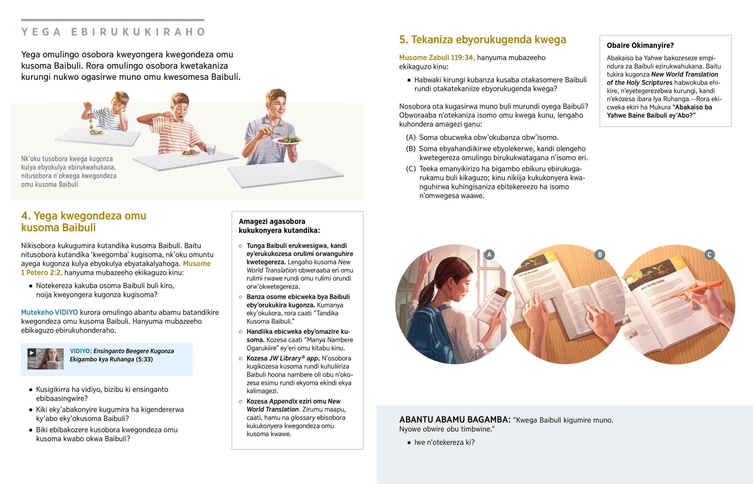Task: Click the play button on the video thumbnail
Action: click(31, 353)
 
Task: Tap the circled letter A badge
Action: click(489, 255)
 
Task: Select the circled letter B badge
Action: click(600, 255)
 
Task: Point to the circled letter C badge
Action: click(709, 255)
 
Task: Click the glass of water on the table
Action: click(210, 150)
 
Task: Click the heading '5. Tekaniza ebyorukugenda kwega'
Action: click(483, 40)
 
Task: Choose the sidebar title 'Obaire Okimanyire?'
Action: click(640, 45)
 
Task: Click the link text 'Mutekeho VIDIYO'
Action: click(49, 312)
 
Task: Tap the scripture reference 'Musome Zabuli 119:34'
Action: click(437, 58)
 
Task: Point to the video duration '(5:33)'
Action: click(144, 359)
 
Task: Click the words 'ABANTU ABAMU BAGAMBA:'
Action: click(455, 420)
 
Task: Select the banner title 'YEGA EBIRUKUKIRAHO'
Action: click(113, 32)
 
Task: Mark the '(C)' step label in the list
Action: click(411, 169)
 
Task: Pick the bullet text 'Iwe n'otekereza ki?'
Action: click(444, 443)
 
